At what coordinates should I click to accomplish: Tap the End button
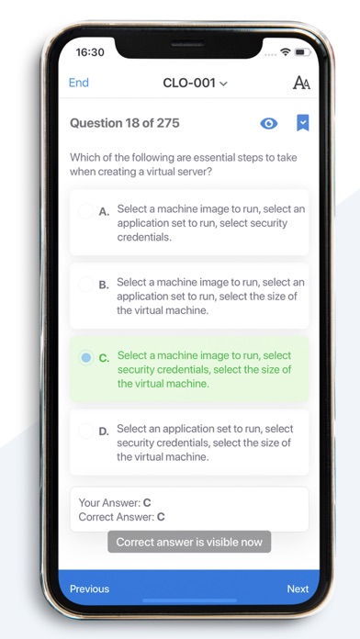[x=79, y=83]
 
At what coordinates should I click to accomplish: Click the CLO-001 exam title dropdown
[x=195, y=84]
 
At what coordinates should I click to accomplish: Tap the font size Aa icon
[x=301, y=83]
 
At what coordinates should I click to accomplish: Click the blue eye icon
[x=269, y=123]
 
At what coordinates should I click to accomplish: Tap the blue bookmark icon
[x=302, y=123]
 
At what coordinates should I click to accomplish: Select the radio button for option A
[x=86, y=211]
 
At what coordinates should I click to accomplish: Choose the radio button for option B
[x=86, y=285]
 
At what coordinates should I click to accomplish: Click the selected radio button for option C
[x=86, y=358]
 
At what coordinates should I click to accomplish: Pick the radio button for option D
[x=86, y=432]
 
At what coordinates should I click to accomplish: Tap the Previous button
[x=89, y=589]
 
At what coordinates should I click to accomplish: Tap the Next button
[x=298, y=589]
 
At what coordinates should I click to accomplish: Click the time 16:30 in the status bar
[x=90, y=52]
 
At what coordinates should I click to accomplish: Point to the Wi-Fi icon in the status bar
[x=286, y=51]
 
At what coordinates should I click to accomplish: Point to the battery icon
[x=303, y=52]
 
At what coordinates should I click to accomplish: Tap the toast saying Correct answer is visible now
[x=189, y=542]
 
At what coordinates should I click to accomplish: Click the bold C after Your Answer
[x=147, y=503]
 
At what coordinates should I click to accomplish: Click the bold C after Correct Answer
[x=161, y=517]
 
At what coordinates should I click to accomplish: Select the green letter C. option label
[x=104, y=358]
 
